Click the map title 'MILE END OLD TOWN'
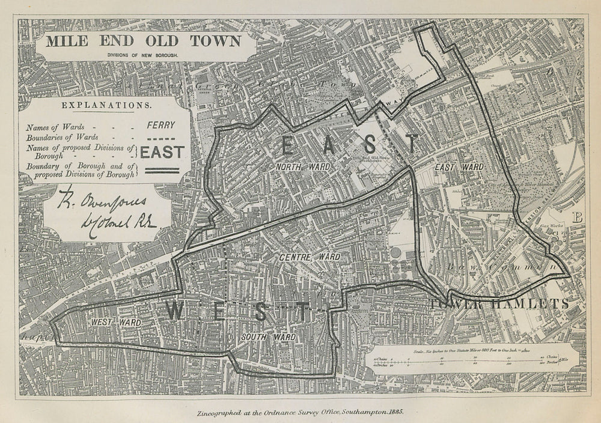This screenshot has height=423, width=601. click(x=144, y=41)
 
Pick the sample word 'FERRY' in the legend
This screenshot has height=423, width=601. click(x=161, y=126)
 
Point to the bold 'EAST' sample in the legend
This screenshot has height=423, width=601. click(x=162, y=153)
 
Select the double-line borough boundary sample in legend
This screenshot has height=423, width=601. click(x=161, y=170)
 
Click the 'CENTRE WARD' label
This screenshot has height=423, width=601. click(x=310, y=257)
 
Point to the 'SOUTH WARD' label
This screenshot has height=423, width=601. click(x=268, y=337)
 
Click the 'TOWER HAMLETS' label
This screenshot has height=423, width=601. click(x=499, y=303)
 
